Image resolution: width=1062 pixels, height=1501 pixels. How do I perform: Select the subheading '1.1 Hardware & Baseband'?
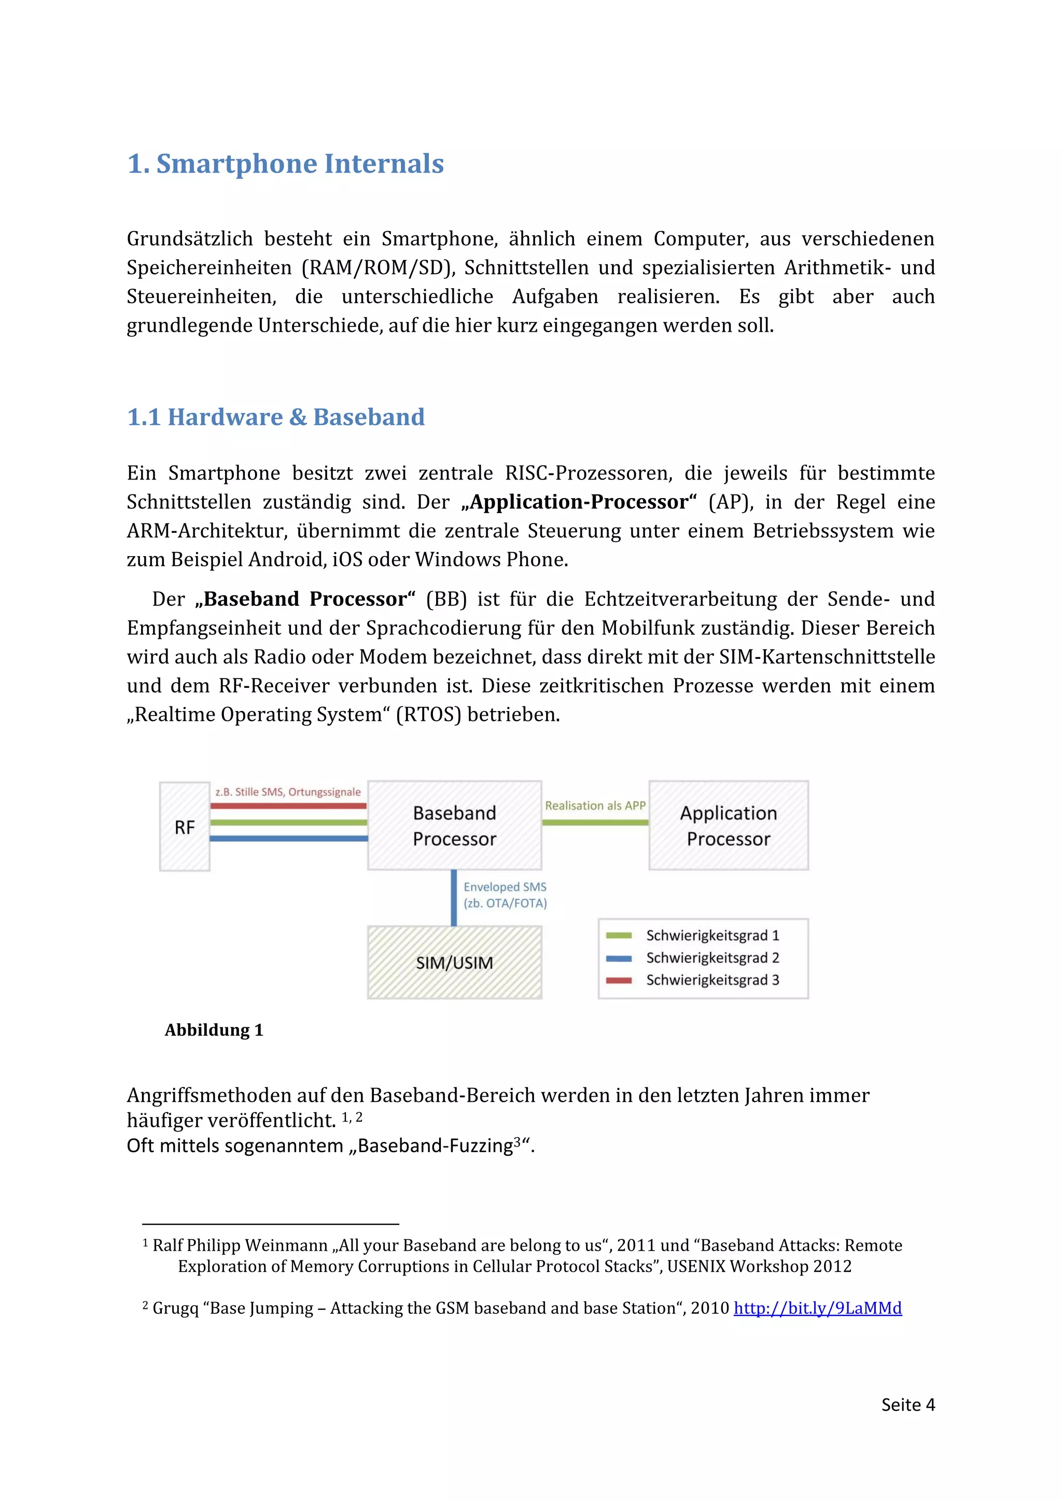click(x=276, y=417)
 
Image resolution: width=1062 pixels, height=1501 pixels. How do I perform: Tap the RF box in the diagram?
click(x=185, y=827)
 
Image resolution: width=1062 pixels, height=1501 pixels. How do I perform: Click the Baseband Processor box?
click(x=454, y=826)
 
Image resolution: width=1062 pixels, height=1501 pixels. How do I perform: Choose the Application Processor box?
click(x=729, y=826)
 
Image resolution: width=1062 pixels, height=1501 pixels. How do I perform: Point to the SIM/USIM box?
click(x=454, y=962)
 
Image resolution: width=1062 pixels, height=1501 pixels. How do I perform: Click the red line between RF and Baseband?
click(x=288, y=806)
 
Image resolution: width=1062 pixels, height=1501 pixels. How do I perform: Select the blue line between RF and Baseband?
click(x=288, y=838)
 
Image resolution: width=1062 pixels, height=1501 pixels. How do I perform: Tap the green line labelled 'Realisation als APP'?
click(x=595, y=823)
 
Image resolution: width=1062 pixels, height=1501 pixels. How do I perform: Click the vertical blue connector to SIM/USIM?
click(x=454, y=898)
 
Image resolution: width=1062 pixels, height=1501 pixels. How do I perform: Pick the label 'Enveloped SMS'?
click(x=505, y=887)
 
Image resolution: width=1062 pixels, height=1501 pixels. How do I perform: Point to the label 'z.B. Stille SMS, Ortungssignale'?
click(x=288, y=791)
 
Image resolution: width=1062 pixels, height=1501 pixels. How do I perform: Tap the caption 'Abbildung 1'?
click(x=214, y=1030)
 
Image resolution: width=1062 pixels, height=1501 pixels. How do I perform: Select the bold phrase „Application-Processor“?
click(x=579, y=502)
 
